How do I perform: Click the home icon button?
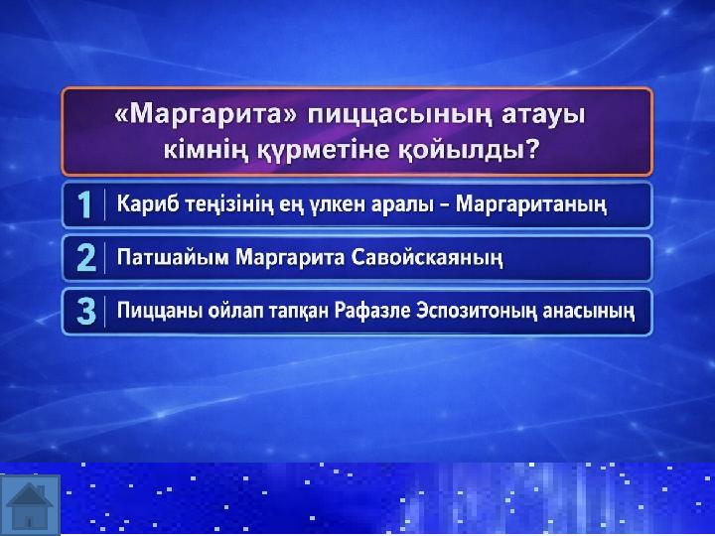[30, 504]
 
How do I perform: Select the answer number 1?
[84, 204]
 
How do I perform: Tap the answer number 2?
[86, 258]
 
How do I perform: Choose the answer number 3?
[86, 312]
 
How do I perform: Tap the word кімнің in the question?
[207, 150]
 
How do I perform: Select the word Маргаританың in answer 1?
[531, 205]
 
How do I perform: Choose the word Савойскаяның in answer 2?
[427, 258]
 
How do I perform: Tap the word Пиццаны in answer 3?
[160, 312]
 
